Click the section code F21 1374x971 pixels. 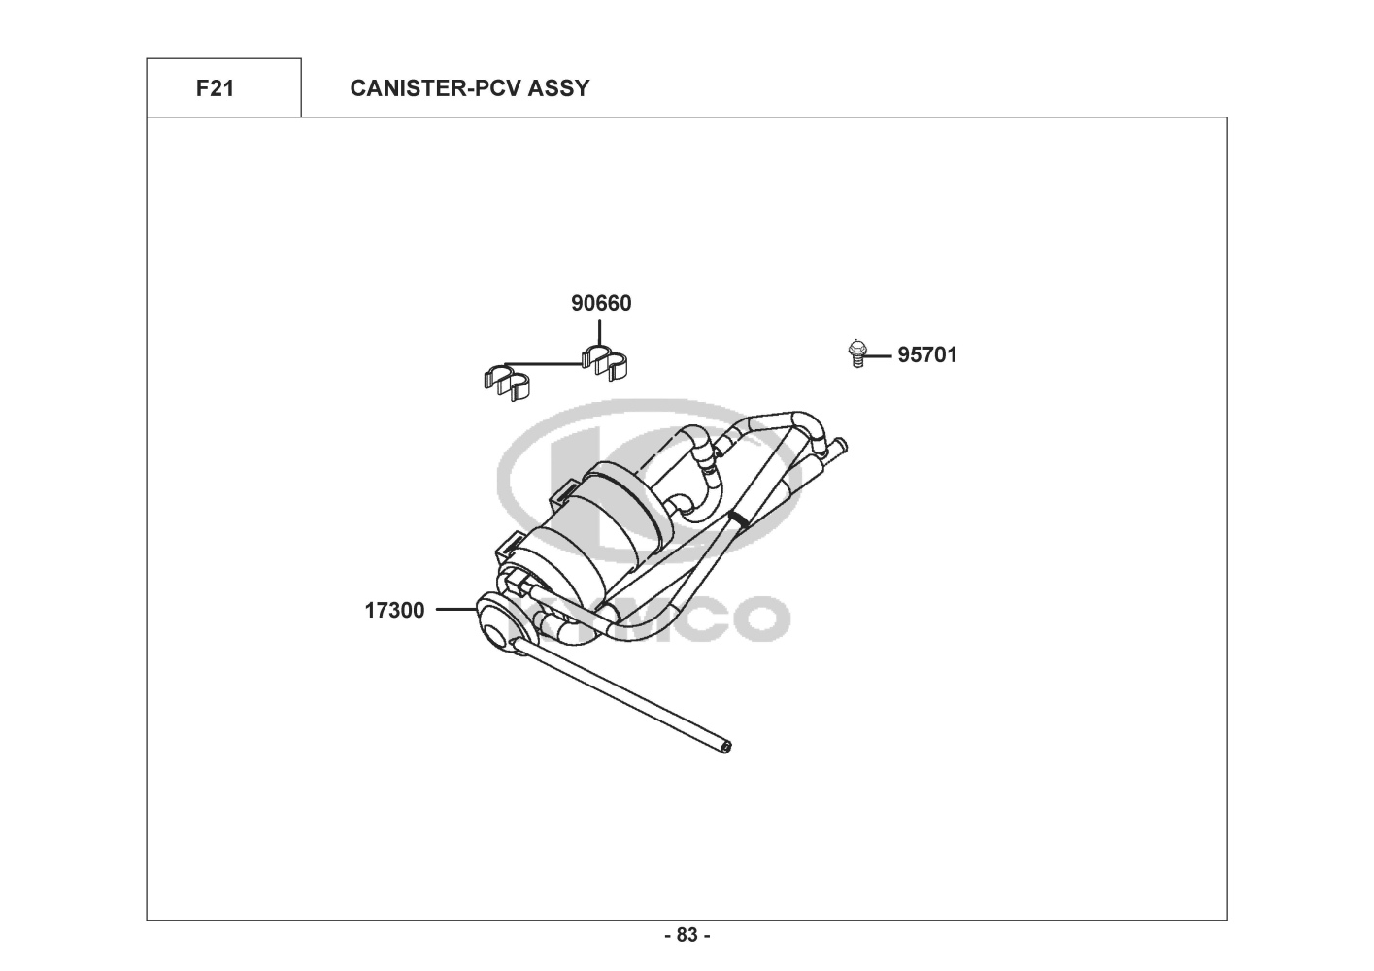click(x=215, y=88)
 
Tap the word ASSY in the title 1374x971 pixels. click(x=558, y=88)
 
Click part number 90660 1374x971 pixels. click(x=601, y=303)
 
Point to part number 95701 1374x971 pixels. click(x=926, y=355)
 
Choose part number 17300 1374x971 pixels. click(x=394, y=611)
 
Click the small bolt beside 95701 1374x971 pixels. click(x=855, y=352)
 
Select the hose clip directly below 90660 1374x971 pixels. click(x=604, y=360)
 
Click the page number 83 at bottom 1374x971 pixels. click(x=687, y=935)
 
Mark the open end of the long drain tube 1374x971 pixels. click(x=727, y=747)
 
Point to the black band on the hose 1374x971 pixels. click(x=740, y=518)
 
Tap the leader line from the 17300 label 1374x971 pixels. click(x=454, y=610)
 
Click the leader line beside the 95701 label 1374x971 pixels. click(x=879, y=356)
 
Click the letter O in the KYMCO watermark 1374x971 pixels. click(x=758, y=619)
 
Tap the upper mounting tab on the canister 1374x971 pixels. click(x=562, y=493)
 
